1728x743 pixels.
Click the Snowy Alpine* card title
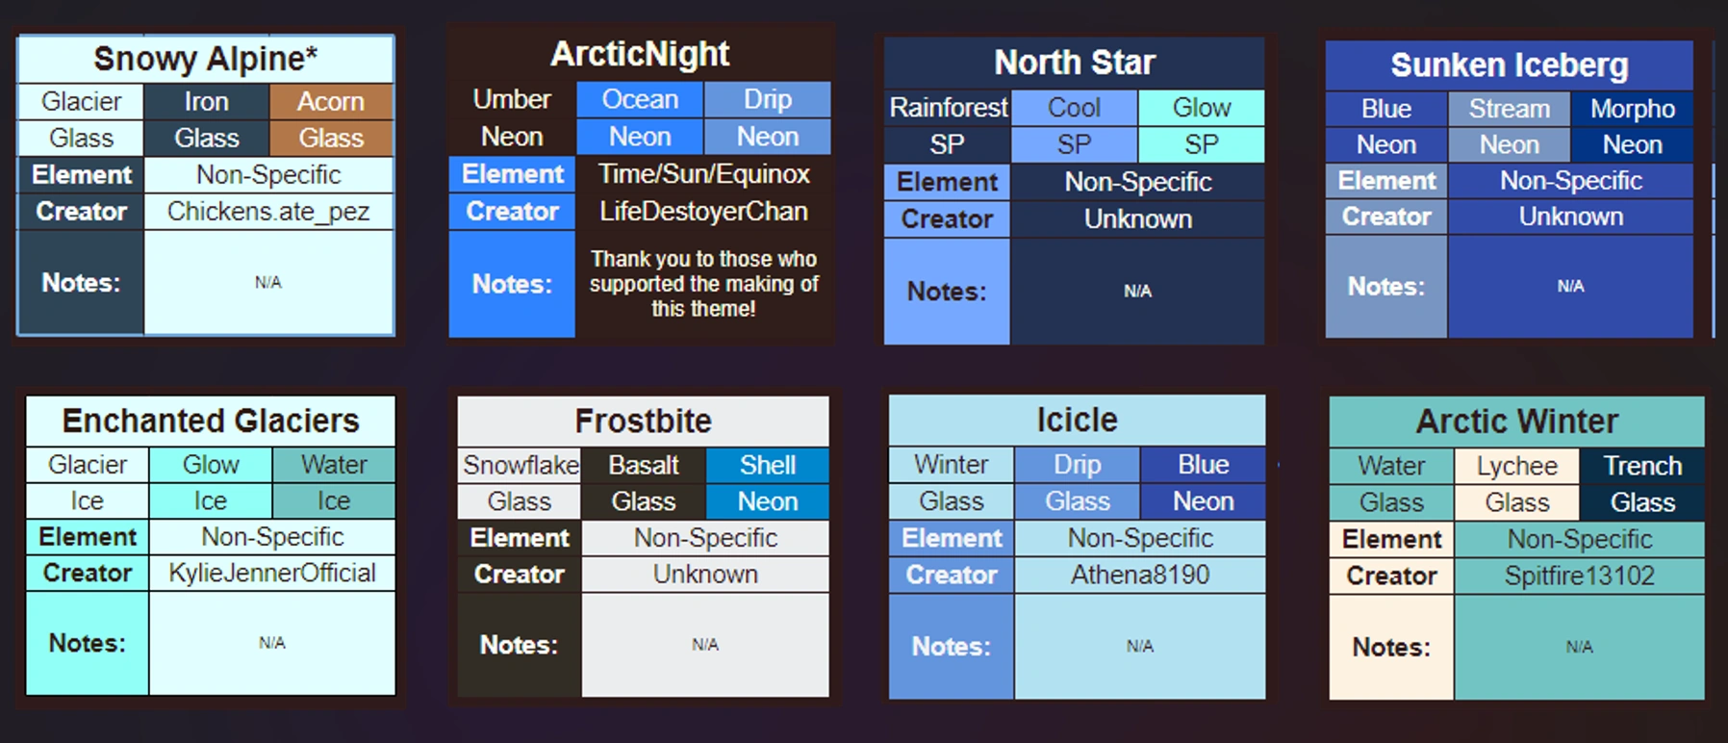[205, 59]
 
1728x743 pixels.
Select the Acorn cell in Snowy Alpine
[331, 101]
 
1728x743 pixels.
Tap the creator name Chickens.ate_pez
[267, 211]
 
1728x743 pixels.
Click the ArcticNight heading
[640, 54]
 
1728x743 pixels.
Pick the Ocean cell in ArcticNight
[640, 99]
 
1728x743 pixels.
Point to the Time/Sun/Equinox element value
[703, 174]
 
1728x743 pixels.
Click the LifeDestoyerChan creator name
[703, 211]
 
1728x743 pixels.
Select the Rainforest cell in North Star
[948, 107]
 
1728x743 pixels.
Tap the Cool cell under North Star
[1074, 107]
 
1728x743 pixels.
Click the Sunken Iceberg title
[1509, 65]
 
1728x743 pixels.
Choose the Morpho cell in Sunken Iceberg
[1632, 109]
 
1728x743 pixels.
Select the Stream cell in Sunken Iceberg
[1509, 109]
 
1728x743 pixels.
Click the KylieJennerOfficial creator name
[272, 573]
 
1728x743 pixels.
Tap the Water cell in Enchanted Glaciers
[334, 465]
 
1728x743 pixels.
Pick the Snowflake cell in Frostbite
[521, 466]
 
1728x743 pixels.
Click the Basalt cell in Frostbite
[644, 466]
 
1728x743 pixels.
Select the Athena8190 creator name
[1140, 575]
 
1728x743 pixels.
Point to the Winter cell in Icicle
[951, 465]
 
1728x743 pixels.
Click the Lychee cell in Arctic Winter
[1516, 466]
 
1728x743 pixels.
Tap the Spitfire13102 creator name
[1579, 576]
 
